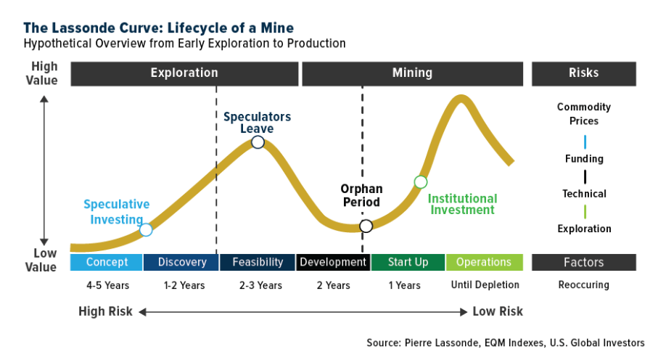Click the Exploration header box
point(184,73)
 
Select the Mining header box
point(412,73)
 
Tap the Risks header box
point(584,73)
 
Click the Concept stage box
point(107,262)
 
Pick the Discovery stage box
point(182,262)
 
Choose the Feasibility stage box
point(258,262)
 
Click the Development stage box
point(333,262)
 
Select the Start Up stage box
point(408,262)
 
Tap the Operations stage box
point(484,262)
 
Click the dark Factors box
point(584,262)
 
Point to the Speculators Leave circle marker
point(258,142)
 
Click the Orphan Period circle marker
point(366,226)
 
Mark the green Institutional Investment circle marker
point(420,181)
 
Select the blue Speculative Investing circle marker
point(146,230)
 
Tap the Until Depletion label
point(485,285)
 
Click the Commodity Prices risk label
point(584,114)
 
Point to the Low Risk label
point(498,311)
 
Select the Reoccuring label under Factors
point(584,285)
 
